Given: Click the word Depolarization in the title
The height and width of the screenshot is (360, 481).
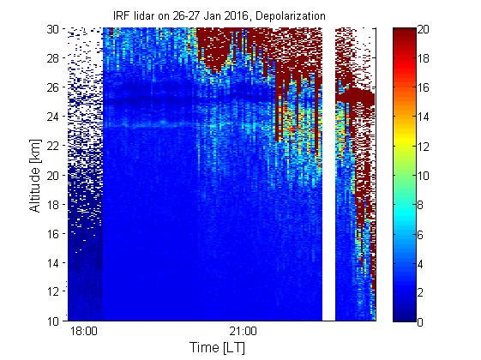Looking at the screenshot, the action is [290, 15].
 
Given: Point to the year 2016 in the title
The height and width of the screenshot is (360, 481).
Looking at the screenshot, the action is [236, 15].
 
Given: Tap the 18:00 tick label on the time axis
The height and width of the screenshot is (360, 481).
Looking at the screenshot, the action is [84, 332].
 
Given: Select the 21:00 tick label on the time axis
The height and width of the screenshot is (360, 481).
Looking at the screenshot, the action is [244, 332].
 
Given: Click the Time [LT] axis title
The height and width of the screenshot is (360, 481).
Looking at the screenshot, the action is [218, 347].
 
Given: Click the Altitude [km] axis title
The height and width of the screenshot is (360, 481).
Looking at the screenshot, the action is [35, 176].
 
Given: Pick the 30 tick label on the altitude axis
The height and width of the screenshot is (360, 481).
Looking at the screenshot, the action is [53, 29].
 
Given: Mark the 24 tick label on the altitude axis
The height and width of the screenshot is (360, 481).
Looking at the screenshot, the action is [53, 117].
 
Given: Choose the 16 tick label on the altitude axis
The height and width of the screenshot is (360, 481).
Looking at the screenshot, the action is [53, 234].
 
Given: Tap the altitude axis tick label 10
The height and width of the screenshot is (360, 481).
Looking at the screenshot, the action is [53, 321].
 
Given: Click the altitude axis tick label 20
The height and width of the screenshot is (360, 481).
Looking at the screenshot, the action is [53, 176].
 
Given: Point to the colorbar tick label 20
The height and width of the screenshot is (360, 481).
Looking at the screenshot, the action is [424, 30].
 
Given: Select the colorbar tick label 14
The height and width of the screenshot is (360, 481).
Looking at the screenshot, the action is [424, 117].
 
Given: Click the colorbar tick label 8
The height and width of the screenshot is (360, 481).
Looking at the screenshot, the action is [421, 205].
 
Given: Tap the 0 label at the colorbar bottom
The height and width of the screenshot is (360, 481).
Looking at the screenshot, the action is [421, 322].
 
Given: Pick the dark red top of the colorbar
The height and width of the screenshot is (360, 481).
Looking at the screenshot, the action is [405, 33].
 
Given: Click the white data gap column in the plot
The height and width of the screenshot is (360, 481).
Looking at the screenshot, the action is [328, 174].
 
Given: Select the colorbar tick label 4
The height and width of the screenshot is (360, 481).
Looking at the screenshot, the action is [421, 264].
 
